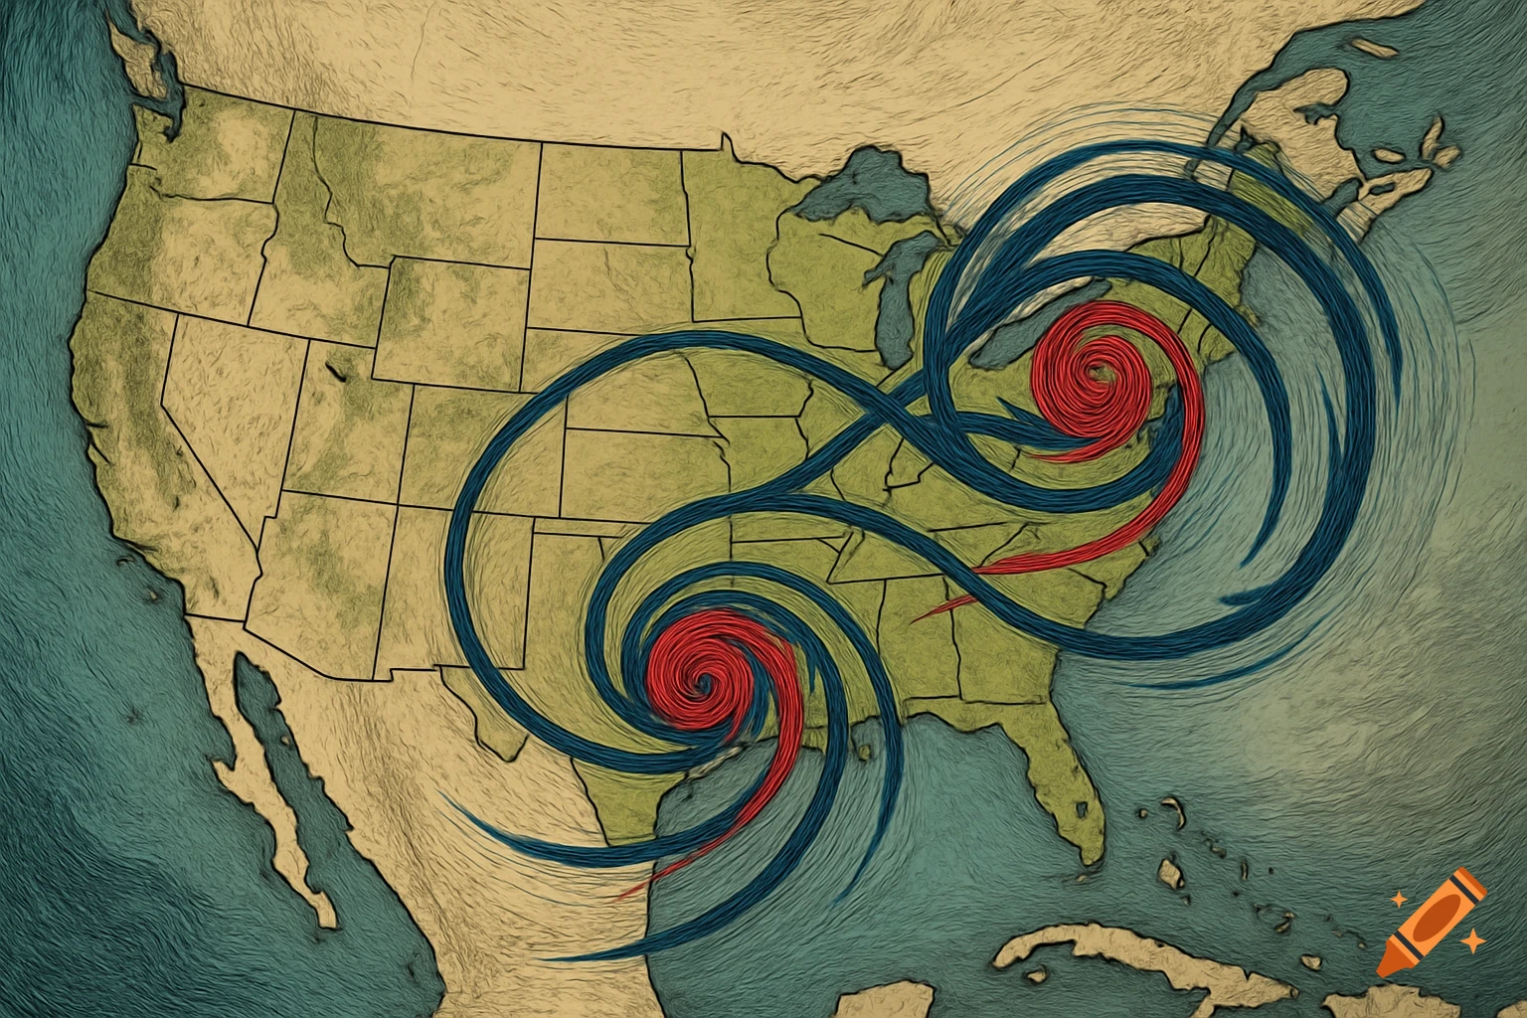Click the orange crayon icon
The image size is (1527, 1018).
1432,920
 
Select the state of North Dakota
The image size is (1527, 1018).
611,194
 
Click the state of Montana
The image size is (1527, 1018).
418,189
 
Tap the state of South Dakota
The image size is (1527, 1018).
606,283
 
